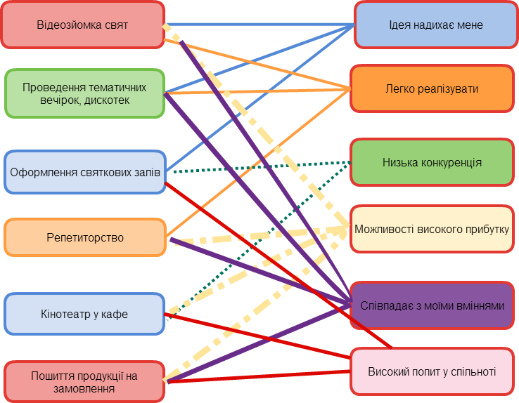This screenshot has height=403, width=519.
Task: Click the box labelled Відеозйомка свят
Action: [82, 25]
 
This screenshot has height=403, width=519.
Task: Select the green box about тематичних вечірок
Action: [84, 93]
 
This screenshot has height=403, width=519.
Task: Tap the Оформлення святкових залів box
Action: [84, 172]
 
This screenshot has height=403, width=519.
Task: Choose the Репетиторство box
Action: [84, 237]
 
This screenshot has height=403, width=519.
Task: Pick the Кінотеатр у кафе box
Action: [84, 314]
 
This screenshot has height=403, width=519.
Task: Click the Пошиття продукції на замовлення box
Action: [84, 382]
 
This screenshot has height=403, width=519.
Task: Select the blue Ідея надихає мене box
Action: [435, 25]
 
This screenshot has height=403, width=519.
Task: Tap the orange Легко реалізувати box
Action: [432, 89]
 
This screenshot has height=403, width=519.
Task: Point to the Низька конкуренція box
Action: [432, 162]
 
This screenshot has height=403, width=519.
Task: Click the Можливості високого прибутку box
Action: [432, 229]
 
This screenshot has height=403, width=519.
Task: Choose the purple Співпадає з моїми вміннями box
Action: [432, 305]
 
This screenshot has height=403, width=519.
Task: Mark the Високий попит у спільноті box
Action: [432, 371]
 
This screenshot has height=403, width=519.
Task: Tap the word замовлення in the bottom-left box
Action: [84, 388]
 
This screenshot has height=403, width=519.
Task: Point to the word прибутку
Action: [484, 229]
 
